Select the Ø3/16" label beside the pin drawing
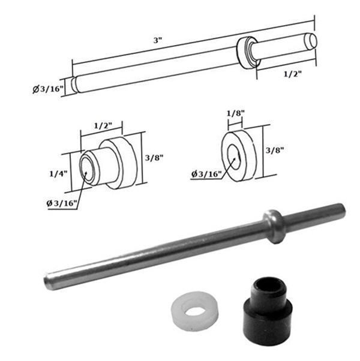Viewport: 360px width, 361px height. click(x=48, y=89)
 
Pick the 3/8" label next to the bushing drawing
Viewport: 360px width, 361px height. click(x=153, y=158)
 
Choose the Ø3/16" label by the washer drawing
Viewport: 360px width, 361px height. click(x=206, y=174)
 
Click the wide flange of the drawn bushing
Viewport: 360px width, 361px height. click(x=122, y=161)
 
